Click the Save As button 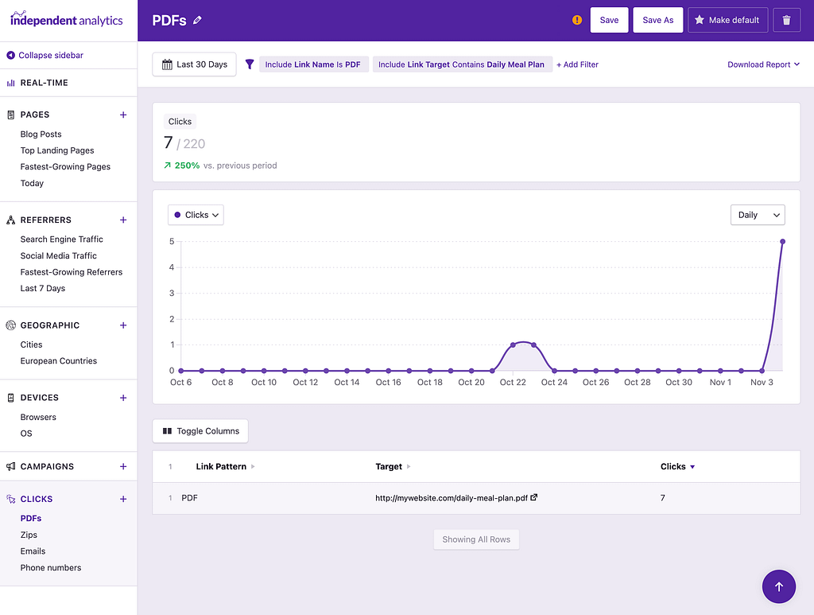click(657, 20)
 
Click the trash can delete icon click(786, 20)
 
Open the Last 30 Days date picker click(194, 64)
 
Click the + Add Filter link click(577, 64)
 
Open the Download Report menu click(763, 64)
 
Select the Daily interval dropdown click(757, 215)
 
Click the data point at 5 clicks click(782, 242)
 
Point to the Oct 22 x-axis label click(513, 383)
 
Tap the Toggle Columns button click(200, 431)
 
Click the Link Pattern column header click(221, 467)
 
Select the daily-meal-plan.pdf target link click(451, 498)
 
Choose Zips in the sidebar click(29, 535)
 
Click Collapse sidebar click(50, 55)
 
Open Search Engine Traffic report click(61, 239)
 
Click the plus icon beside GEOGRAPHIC click(123, 325)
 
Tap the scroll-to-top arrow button click(778, 586)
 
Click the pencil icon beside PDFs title click(198, 20)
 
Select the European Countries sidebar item click(58, 361)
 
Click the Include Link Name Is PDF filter click(313, 64)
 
